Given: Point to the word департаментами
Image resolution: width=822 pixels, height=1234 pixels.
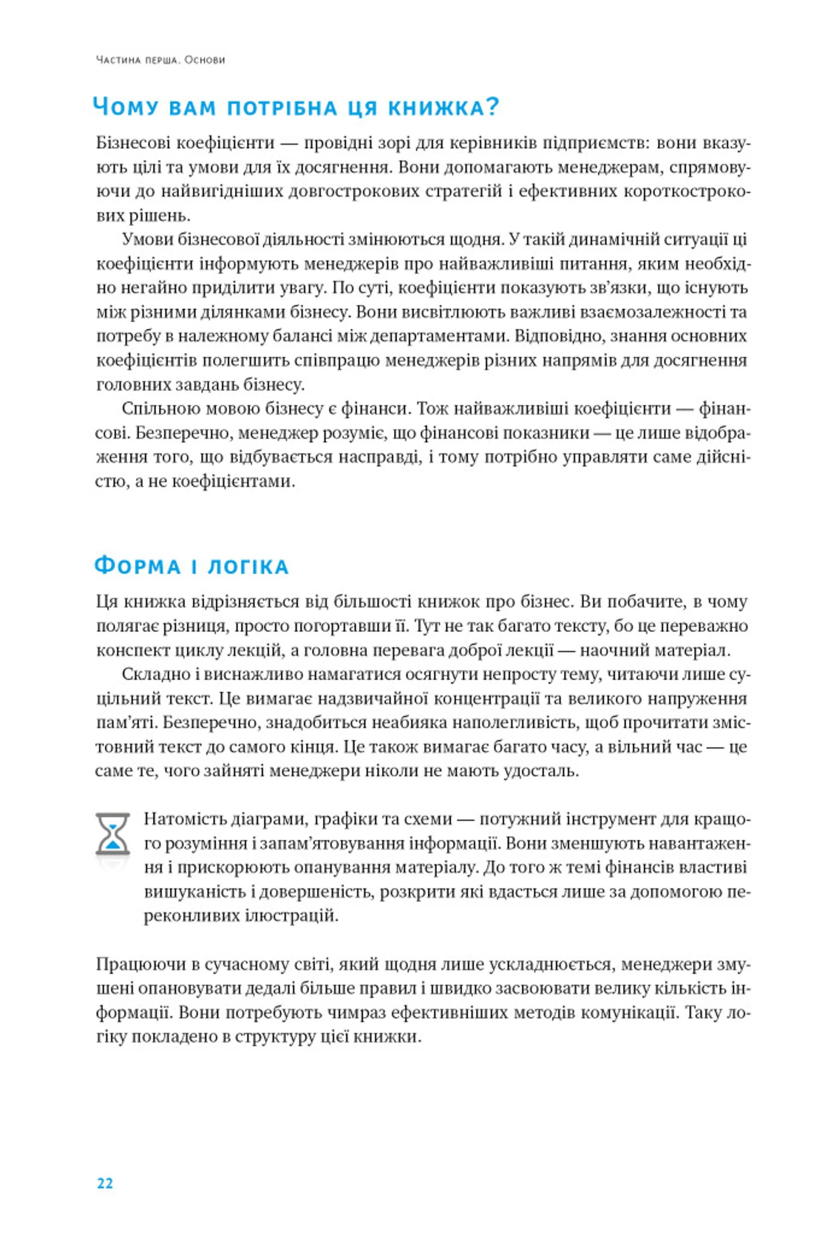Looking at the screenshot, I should point(439,336).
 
